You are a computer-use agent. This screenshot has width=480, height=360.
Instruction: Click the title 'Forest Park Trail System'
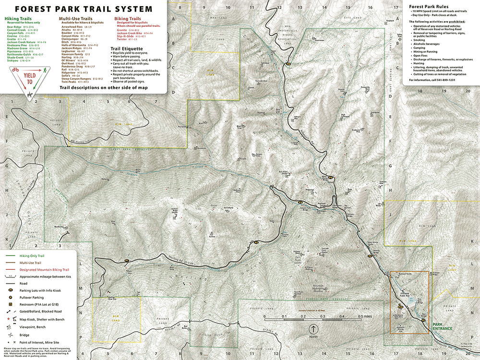[84, 9]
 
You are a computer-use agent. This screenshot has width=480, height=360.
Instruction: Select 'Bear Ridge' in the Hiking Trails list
[13, 27]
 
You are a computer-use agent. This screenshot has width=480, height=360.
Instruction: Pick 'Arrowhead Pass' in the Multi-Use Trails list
[72, 27]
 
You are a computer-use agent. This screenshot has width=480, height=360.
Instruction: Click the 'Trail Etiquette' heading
[126, 48]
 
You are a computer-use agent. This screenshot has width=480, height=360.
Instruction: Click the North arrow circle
[313, 329]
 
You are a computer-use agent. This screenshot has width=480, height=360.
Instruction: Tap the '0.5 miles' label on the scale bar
[364, 317]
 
